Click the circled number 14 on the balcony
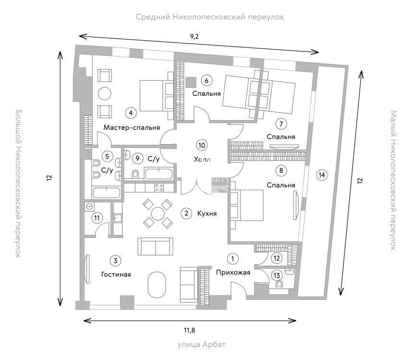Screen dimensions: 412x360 coord(322,175)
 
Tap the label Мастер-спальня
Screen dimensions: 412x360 coord(132,127)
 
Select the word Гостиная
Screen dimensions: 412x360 coord(116,274)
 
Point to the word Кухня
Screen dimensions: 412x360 coord(207,213)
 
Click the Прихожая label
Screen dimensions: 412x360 coord(233,273)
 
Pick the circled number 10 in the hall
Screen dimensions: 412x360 coord(202,146)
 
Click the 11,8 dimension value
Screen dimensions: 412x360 coord(189,330)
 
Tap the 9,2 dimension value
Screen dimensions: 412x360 coord(194,37)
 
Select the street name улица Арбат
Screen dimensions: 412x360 coord(202,345)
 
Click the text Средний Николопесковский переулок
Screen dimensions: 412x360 coord(210,17)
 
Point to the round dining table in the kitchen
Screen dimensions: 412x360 coord(158,213)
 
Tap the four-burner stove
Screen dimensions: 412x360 coord(159,188)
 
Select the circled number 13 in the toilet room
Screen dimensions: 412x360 coord(277,275)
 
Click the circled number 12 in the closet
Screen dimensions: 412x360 coord(277,258)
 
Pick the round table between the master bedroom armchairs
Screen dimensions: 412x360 coord(105,94)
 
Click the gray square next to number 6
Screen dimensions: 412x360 coord(191,82)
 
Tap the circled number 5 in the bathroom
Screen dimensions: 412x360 coord(107,157)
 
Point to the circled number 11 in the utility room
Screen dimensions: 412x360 coord(97,218)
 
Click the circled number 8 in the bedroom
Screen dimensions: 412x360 coord(281,171)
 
